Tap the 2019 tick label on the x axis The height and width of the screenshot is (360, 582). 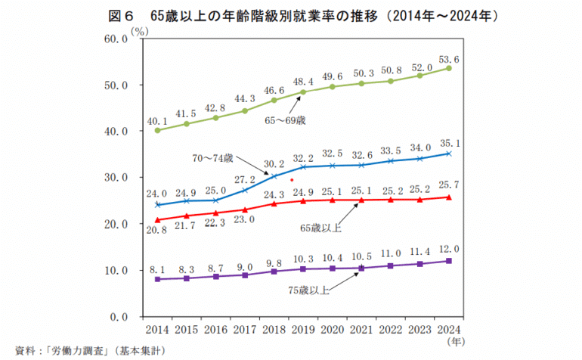click(x=302, y=330)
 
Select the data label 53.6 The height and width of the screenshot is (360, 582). click(x=449, y=58)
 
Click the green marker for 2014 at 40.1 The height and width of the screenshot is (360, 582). click(x=157, y=130)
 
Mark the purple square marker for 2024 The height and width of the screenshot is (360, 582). click(x=449, y=261)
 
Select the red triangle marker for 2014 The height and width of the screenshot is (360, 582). click(x=157, y=219)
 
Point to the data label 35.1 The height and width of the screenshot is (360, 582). click(x=449, y=141)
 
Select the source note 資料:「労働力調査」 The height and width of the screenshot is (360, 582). click(x=89, y=351)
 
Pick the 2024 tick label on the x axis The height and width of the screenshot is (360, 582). click(x=449, y=330)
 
